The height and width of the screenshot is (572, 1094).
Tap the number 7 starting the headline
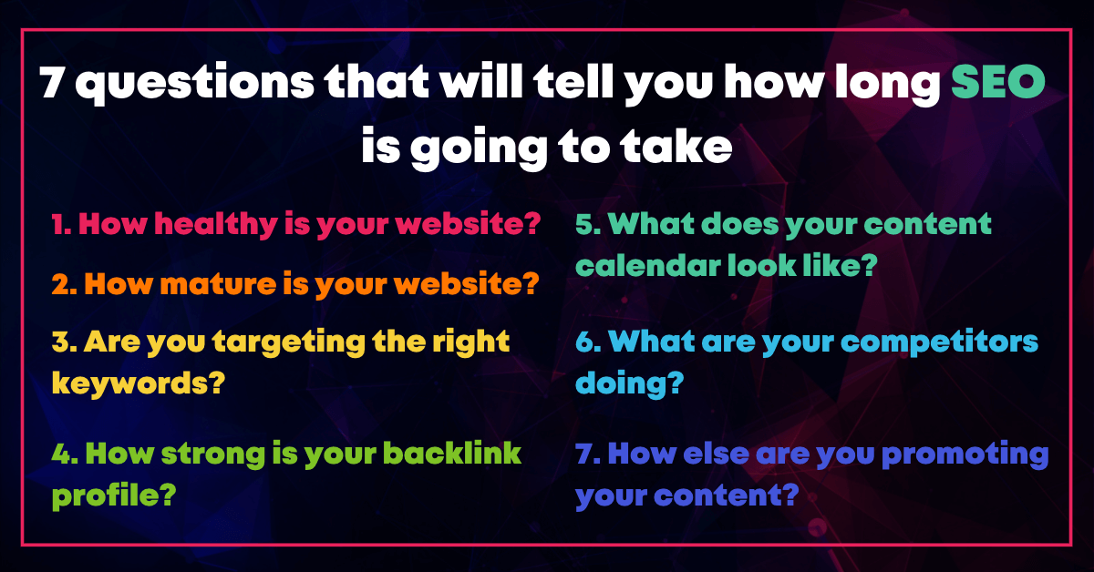(53, 82)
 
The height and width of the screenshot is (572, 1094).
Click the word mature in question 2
(218, 284)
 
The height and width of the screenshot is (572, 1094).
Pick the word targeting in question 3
(289, 342)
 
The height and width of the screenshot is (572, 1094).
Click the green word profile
(114, 495)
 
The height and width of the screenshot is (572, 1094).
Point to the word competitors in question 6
(940, 342)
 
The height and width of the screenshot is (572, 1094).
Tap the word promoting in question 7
(965, 455)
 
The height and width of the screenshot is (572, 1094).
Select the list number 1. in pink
(62, 224)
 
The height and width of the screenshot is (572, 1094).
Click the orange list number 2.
(65, 284)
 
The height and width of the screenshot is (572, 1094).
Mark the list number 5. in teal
(588, 224)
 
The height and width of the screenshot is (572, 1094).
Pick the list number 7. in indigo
(588, 453)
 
